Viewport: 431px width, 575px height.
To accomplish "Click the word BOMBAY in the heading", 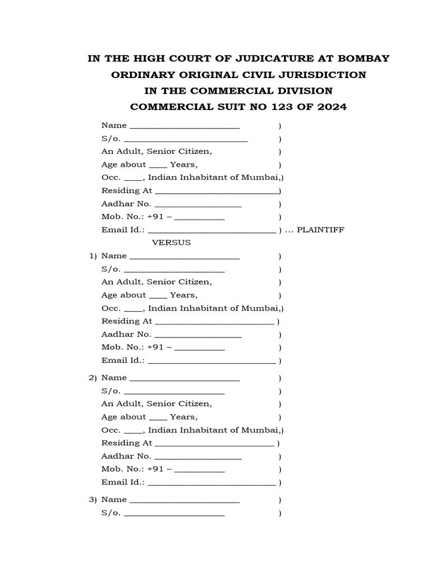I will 363,58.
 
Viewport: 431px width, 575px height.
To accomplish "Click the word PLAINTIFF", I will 320,230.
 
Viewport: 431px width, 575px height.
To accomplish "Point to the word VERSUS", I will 172,243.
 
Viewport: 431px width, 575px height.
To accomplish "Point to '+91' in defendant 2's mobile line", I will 155,469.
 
